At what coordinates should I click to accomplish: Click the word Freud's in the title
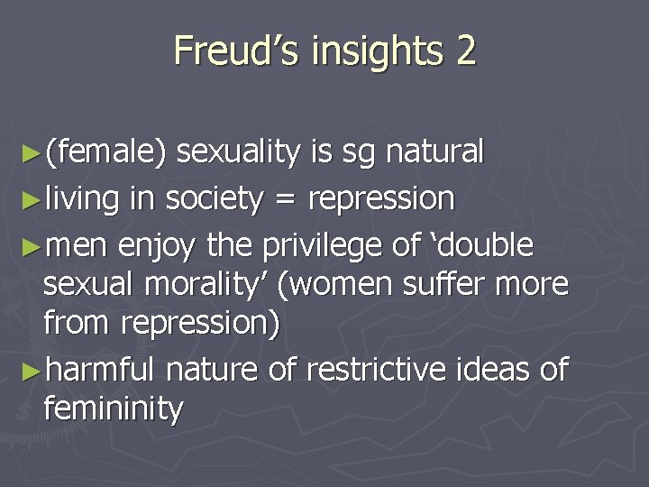point(235,51)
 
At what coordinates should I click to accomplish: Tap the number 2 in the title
point(464,51)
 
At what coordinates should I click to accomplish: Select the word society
point(213,198)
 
